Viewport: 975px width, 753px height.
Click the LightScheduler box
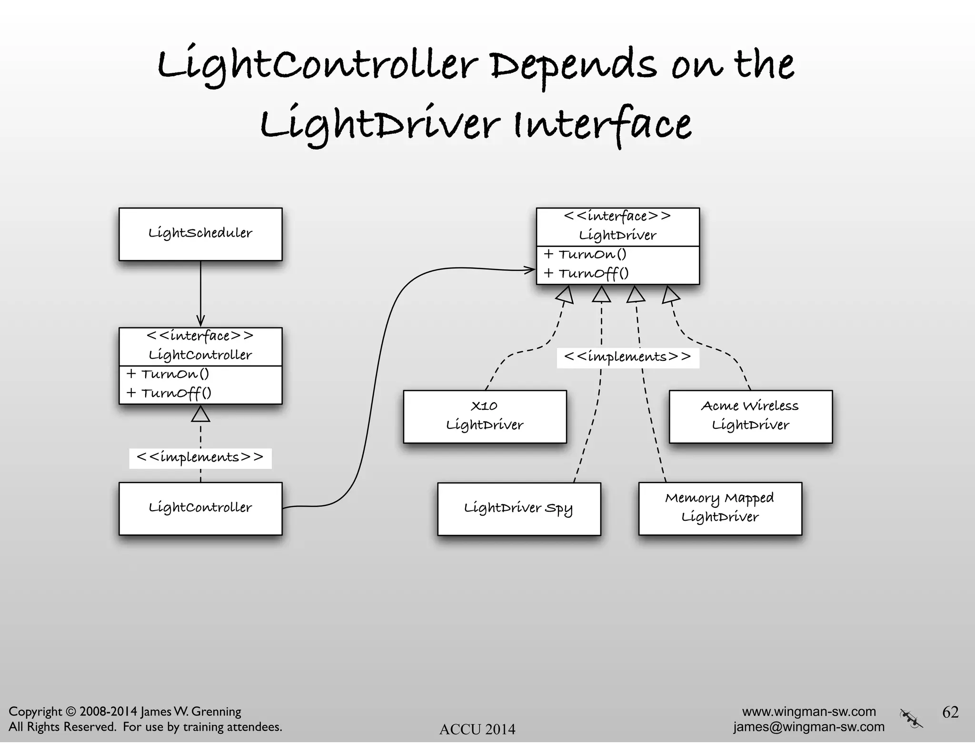click(200, 234)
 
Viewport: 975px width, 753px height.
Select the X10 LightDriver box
click(485, 416)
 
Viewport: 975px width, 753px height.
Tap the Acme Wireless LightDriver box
click(750, 416)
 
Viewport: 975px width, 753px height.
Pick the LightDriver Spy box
click(519, 509)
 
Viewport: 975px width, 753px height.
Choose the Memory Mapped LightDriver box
click(720, 508)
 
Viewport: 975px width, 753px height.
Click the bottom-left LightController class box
click(200, 508)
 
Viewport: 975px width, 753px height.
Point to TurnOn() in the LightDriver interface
click(592, 255)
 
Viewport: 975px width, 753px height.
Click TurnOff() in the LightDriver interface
click(593, 274)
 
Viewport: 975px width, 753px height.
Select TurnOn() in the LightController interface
click(175, 374)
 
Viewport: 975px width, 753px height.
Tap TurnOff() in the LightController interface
click(176, 393)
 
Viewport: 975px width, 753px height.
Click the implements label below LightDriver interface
click(627, 357)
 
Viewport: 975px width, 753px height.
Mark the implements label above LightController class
click(200, 458)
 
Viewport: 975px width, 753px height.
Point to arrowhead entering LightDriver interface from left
click(530, 270)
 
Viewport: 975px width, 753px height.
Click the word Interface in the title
click(602, 125)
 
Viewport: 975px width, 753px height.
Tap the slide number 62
click(950, 712)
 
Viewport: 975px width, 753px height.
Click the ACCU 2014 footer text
click(477, 729)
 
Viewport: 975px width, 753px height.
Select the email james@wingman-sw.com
click(808, 727)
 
